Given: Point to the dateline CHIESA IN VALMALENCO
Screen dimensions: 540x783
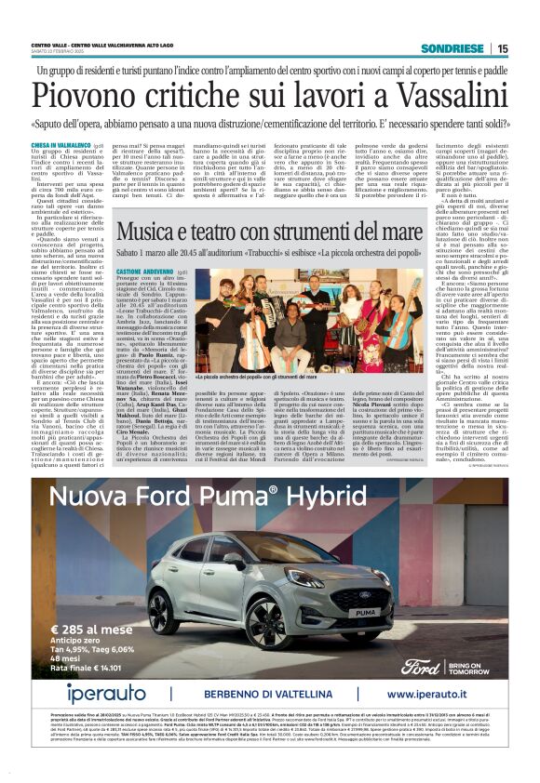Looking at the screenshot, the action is (x=61, y=146).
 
